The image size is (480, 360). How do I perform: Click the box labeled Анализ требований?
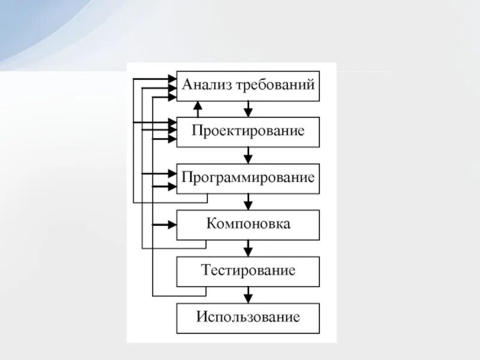click(x=248, y=86)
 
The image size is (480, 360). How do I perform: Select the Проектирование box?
click(x=248, y=131)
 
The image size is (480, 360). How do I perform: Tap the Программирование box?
click(x=248, y=178)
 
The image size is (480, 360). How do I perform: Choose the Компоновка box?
click(x=248, y=224)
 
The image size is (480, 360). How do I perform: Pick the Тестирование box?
click(x=248, y=271)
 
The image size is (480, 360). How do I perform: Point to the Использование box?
click(x=248, y=317)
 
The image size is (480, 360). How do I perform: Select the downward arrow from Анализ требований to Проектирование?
click(x=248, y=109)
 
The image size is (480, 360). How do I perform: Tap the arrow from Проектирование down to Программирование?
click(x=248, y=155)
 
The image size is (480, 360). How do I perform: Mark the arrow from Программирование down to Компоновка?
click(x=248, y=202)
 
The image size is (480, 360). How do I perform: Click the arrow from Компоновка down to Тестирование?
click(x=248, y=248)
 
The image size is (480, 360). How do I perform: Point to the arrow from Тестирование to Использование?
click(x=248, y=295)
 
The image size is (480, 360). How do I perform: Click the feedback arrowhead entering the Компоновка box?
click(x=172, y=224)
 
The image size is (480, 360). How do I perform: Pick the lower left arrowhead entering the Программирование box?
click(x=172, y=186)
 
